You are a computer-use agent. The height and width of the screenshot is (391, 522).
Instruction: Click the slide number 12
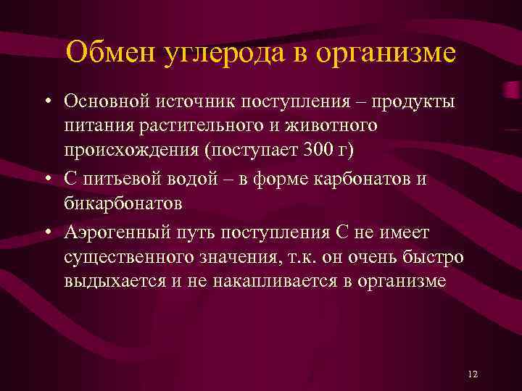473,374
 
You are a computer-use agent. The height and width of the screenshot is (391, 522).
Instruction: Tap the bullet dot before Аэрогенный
47,233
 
